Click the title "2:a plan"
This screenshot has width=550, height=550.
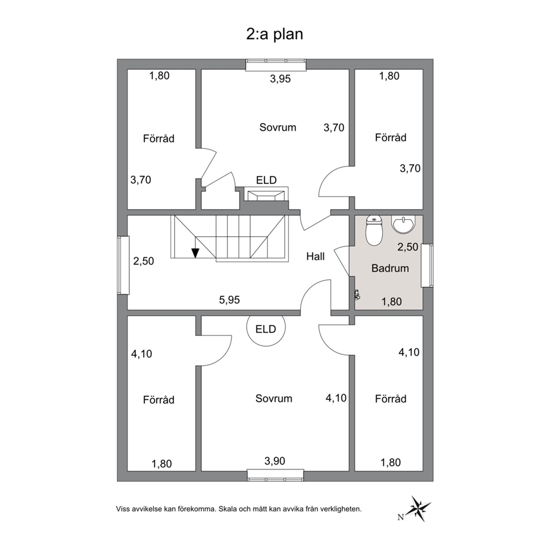[274, 34]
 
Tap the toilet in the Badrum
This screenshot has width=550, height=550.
[374, 231]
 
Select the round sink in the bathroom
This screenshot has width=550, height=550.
[404, 224]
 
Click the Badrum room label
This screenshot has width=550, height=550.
[390, 268]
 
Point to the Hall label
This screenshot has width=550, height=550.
[315, 256]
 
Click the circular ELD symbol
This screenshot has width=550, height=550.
[266, 329]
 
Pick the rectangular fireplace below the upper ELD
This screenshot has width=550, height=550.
[266, 194]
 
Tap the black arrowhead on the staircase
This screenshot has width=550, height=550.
[195, 253]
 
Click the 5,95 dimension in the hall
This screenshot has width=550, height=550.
[230, 300]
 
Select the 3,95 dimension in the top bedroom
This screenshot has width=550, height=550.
[280, 79]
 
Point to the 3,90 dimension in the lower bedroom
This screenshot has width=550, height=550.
[274, 461]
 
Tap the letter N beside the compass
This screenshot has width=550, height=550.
[400, 517]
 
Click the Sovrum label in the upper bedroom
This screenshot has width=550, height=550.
[278, 127]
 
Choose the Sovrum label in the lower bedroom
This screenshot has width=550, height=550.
[273, 399]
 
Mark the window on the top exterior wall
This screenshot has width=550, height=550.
[276, 64]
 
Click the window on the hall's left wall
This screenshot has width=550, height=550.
[123, 265]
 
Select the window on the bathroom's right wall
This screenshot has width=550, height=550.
[427, 266]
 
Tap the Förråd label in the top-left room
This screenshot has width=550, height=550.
[159, 139]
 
